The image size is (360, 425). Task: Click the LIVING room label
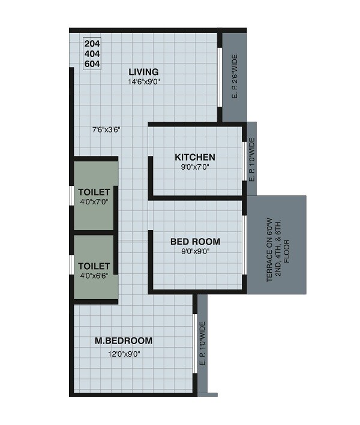coord(143,73)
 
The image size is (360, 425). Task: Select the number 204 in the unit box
coord(92,44)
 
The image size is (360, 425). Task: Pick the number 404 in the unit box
coord(92,53)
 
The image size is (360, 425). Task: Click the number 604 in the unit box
coord(92,63)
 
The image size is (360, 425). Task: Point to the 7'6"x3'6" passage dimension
coord(107,129)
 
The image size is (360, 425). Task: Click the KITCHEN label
coord(195,157)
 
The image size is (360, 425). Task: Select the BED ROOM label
coord(195,242)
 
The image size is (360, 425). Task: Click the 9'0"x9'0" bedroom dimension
coord(195,251)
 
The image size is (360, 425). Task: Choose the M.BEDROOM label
coord(124,340)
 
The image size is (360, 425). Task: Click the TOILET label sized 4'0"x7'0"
coord(94,192)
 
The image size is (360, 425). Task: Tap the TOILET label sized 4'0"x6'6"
coord(94,265)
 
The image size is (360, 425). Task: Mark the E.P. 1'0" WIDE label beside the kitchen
coord(251,159)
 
